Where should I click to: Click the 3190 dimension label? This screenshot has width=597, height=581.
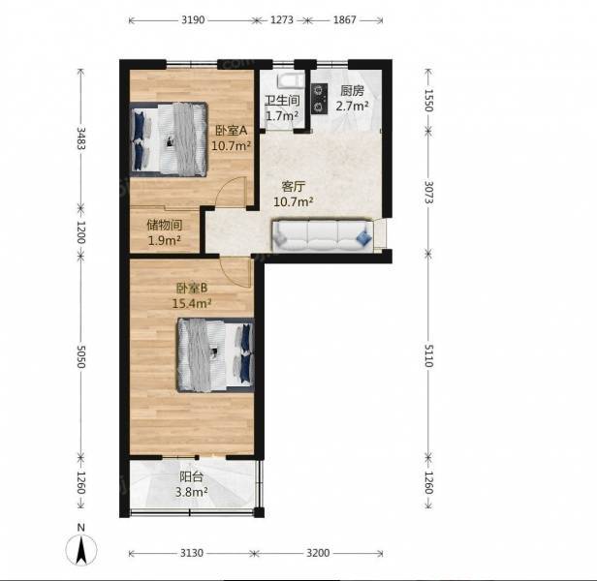193,19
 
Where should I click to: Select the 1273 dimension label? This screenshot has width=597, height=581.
282,19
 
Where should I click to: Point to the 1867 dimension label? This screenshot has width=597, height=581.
345,19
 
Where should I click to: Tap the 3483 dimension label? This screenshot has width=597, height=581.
80,138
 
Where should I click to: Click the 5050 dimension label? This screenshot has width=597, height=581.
80,356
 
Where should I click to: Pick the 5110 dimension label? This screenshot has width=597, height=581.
428,355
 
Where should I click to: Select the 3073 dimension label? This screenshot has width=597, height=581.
428,192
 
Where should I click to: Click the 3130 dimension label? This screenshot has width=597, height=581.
192,553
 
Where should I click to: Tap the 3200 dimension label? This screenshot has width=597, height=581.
318,553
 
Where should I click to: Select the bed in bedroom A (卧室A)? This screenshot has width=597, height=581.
169,139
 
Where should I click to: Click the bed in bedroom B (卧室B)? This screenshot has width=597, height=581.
215,355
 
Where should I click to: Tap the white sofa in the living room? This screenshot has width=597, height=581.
323,235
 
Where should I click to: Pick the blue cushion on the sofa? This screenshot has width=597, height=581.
364,237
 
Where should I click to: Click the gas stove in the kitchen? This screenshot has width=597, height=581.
319,99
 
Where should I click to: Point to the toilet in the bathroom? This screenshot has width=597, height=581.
292,81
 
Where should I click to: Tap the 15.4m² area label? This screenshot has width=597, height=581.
192,303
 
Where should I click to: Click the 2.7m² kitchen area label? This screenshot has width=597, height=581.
352,106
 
